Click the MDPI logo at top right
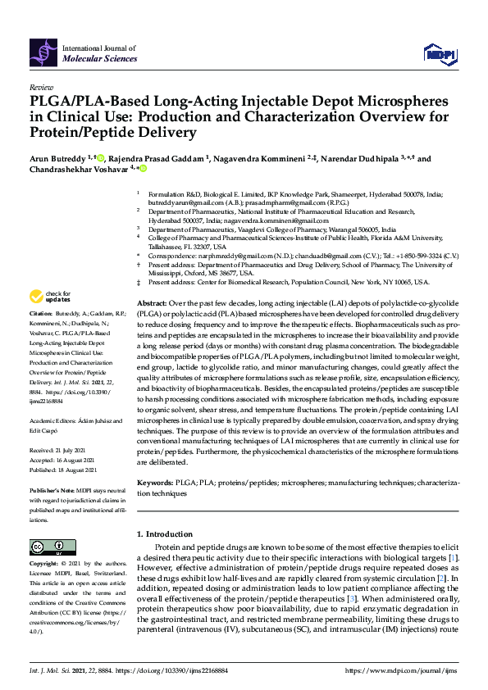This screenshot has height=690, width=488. pyautogui.click(x=439, y=54)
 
